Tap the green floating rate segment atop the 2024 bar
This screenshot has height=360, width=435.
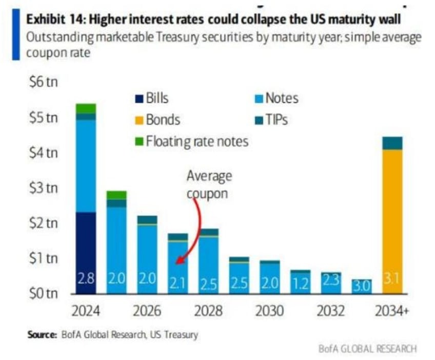pyautogui.click(x=86, y=108)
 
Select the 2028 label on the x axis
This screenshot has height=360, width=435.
pyautogui.click(x=209, y=312)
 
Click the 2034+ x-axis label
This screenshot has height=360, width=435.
pyautogui.click(x=393, y=312)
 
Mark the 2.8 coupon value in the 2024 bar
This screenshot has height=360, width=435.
pyautogui.click(x=86, y=279)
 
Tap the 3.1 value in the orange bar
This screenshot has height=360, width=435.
pyautogui.click(x=392, y=279)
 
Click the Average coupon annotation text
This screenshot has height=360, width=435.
pyautogui.click(x=209, y=185)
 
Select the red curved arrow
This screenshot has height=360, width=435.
pyautogui.click(x=193, y=231)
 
